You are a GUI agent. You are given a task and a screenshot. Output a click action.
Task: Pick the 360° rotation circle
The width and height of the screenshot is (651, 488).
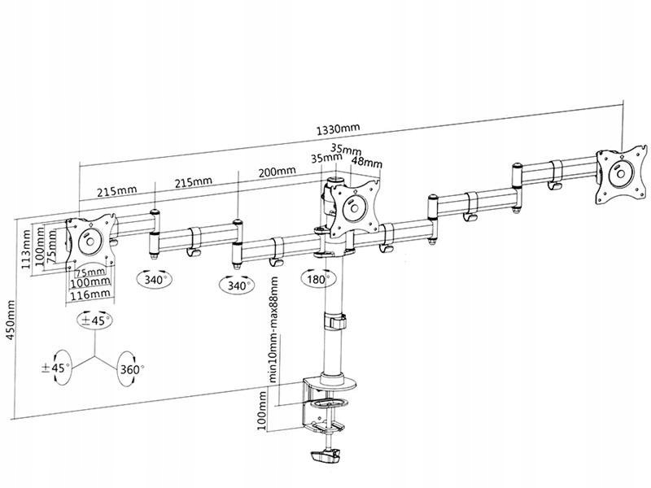[x=129, y=368]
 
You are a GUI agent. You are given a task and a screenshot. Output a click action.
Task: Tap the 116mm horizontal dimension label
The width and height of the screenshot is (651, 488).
[x=90, y=294]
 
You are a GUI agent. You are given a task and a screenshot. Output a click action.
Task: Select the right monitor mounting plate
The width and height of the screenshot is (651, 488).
[x=620, y=173]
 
